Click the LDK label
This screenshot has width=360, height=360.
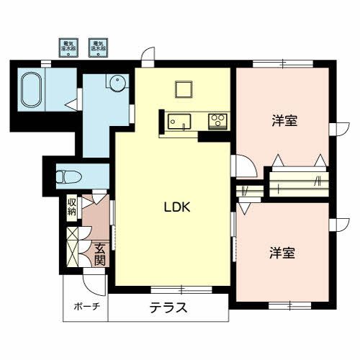click(176, 208)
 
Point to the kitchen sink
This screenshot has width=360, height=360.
click(177, 122)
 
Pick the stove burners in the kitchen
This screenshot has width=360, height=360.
click(217, 121)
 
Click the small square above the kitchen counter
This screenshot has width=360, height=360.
click(182, 89)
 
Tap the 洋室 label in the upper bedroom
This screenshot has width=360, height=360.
click(285, 121)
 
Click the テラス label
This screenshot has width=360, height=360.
click(169, 309)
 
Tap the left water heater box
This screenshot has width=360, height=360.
click(68, 48)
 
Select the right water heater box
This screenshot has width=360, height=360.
click(98, 48)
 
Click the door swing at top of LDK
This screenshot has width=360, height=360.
click(148, 55)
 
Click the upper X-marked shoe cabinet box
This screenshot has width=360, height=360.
click(72, 235)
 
